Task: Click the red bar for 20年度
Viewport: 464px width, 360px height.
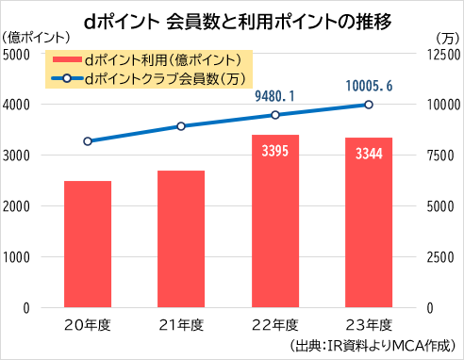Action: click(88, 244)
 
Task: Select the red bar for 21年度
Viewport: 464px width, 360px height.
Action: click(181, 238)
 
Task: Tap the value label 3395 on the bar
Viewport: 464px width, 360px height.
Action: click(275, 151)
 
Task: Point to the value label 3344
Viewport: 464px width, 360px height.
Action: click(369, 154)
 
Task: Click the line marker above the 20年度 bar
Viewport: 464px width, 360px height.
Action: click(88, 141)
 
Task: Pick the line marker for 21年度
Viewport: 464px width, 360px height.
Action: click(181, 126)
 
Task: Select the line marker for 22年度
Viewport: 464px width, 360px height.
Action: click(275, 115)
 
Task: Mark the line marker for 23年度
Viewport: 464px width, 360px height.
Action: click(369, 105)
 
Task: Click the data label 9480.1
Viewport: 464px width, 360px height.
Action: click(274, 96)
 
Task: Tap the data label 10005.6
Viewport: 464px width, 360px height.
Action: click(369, 86)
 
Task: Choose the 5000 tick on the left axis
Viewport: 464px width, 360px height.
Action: click(16, 55)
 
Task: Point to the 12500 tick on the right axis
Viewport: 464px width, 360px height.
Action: click(443, 55)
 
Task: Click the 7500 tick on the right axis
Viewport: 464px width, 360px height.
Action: click(440, 155)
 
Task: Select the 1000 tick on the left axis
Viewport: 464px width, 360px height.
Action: click(16, 257)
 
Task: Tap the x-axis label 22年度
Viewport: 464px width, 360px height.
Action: click(275, 325)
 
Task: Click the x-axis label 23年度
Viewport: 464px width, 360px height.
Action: click(369, 325)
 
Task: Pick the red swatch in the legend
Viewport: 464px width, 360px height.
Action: click(67, 59)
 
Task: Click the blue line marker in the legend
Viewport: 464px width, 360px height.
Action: click(67, 78)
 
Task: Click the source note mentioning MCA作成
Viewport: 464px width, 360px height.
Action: click(373, 346)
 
